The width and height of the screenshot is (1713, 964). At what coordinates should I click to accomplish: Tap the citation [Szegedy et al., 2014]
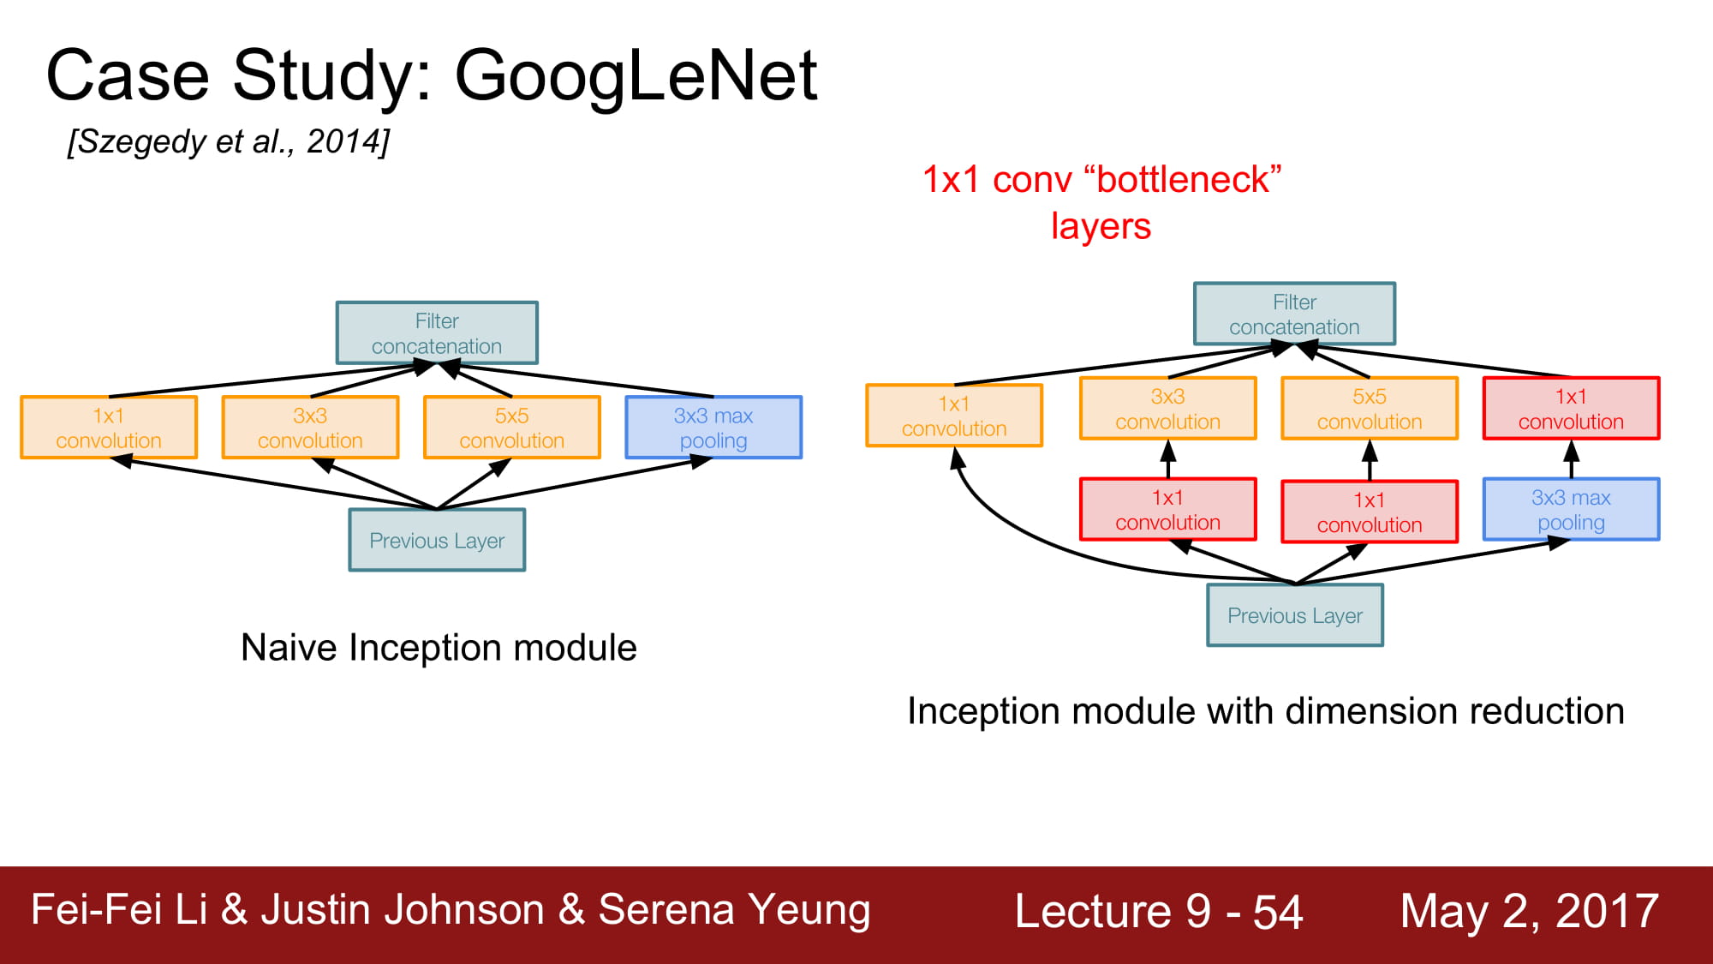(229, 141)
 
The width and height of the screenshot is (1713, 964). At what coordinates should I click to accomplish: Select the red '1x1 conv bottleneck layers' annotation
(1101, 203)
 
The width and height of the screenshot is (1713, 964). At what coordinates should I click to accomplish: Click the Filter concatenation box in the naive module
(437, 333)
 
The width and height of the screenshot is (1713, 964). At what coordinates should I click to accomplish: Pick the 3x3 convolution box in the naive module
(310, 428)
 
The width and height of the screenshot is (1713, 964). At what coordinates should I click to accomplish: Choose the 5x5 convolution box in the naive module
(512, 428)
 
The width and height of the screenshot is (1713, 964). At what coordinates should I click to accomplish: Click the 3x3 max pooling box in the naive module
(713, 428)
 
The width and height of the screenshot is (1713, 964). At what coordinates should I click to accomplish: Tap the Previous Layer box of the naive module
(437, 540)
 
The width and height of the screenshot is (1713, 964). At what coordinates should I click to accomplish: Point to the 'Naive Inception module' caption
(439, 648)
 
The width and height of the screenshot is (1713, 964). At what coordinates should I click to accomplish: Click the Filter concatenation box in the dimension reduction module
(1294, 314)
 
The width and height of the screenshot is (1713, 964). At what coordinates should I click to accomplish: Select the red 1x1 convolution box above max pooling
(1571, 409)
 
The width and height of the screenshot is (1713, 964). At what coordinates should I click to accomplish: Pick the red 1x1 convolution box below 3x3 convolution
(1167, 509)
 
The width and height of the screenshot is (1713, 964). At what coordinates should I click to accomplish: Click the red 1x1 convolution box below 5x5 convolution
(1369, 512)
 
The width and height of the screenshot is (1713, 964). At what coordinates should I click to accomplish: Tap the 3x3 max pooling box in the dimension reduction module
(1571, 509)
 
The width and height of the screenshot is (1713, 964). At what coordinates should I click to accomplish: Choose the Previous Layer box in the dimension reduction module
(1294, 615)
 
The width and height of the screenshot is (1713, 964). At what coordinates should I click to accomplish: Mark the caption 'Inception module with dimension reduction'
(1266, 711)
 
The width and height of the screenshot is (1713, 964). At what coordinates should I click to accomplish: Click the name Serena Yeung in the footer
(734, 910)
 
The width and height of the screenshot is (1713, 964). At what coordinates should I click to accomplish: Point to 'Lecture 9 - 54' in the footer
(1159, 911)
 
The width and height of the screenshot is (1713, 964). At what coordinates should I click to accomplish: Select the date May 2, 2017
(1530, 911)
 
